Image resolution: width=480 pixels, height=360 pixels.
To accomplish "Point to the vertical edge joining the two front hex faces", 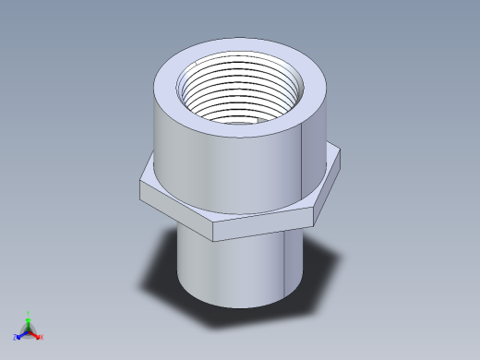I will click(213, 232).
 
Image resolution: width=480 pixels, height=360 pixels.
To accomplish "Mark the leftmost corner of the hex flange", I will click(140, 185).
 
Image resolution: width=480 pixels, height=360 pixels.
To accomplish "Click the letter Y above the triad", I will click(29, 313).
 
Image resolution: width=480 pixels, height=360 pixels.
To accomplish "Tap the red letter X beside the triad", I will click(42, 337).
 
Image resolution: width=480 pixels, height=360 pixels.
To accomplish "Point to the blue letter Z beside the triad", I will click(16, 338).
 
